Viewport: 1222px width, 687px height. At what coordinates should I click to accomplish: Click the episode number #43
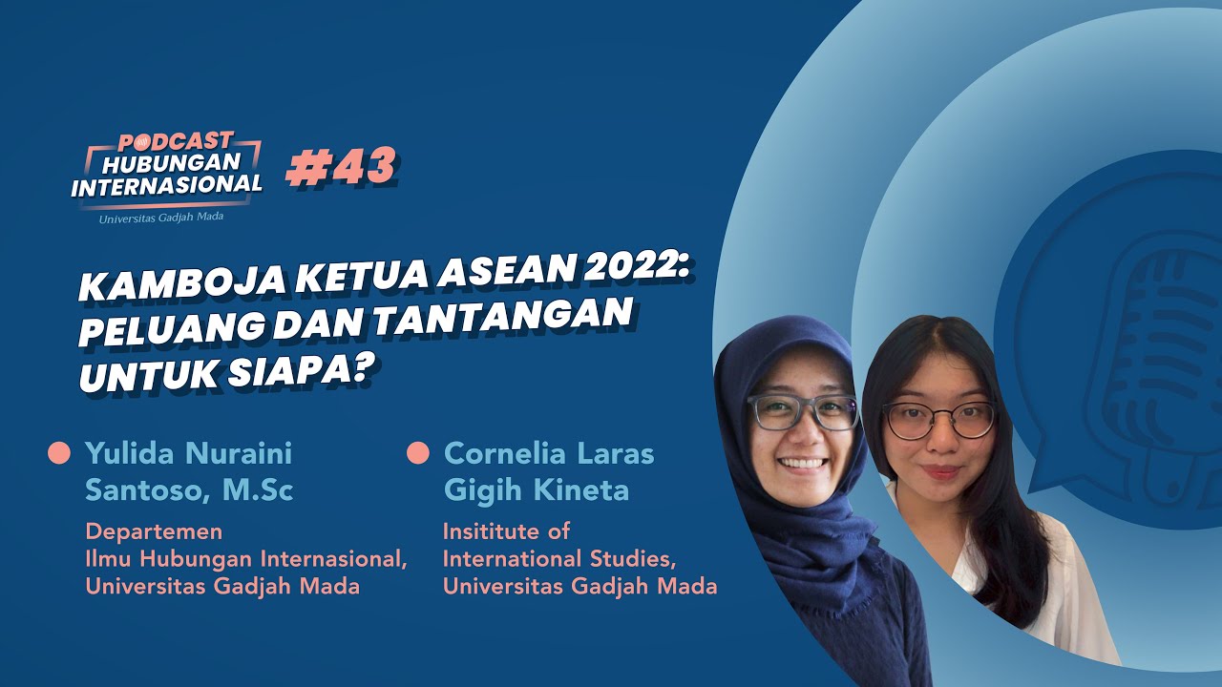click(342, 166)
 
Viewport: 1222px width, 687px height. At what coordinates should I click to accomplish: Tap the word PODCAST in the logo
click(176, 142)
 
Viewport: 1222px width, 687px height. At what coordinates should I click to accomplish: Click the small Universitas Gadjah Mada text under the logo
click(161, 218)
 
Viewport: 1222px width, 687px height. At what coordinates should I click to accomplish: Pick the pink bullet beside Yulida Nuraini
click(59, 453)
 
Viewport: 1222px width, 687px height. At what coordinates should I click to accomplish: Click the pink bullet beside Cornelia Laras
click(418, 453)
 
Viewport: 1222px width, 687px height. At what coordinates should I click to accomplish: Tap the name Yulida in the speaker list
click(129, 453)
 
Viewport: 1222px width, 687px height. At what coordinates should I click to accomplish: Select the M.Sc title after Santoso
click(258, 489)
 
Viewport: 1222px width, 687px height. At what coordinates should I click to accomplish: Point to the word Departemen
click(154, 531)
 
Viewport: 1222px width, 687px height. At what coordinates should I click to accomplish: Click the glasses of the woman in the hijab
click(803, 412)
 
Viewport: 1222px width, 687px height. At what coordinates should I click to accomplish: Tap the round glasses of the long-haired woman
click(939, 420)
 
